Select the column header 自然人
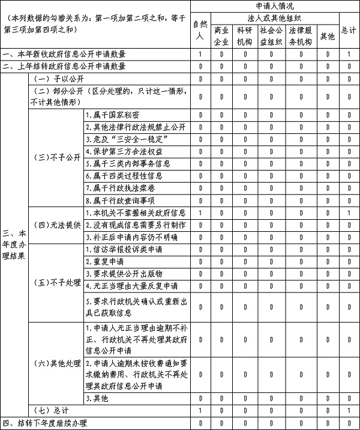(200, 29)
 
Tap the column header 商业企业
(221, 35)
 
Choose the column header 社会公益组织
(271, 35)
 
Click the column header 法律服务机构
(300, 35)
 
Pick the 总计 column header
(348, 29)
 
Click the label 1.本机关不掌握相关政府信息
(134, 213)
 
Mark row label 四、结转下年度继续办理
(45, 423)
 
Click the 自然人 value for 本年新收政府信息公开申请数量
(200, 55)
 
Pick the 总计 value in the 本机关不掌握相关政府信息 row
(348, 213)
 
